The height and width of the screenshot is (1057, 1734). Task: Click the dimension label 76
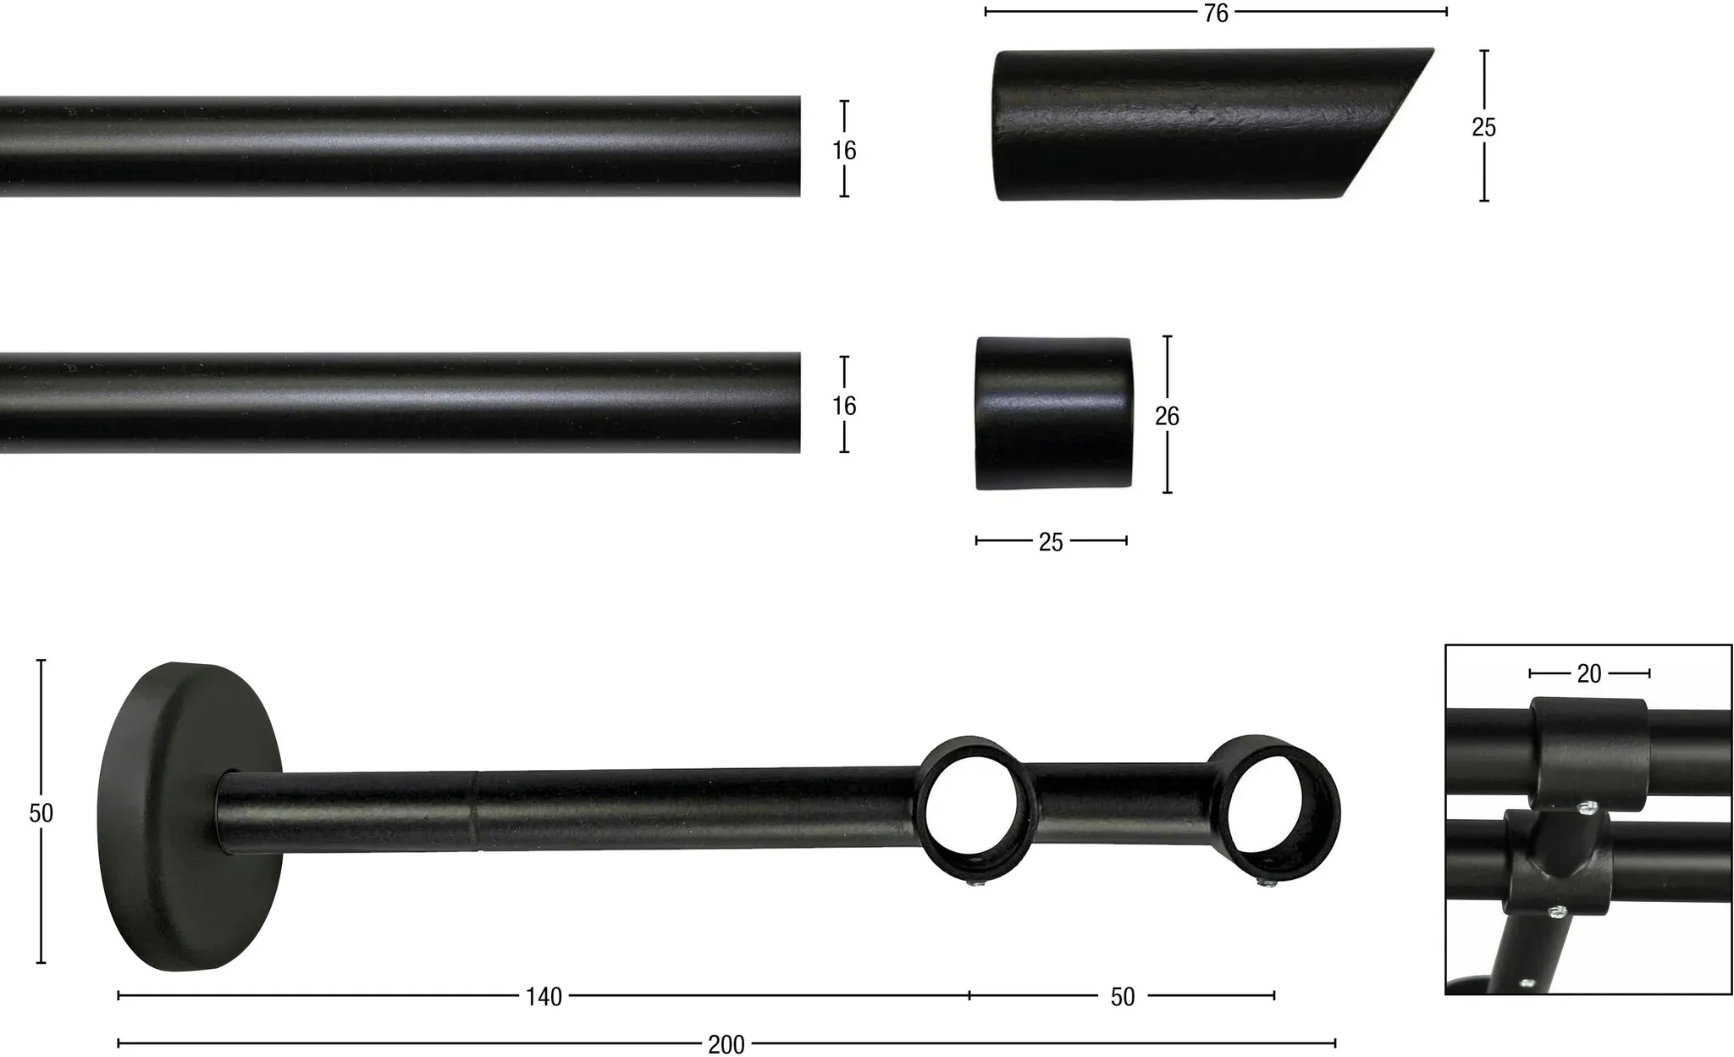click(x=1216, y=13)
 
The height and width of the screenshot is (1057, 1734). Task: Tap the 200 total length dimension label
click(x=726, y=1044)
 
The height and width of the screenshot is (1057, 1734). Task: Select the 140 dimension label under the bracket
click(x=544, y=997)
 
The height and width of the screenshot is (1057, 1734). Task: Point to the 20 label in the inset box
click(x=1589, y=673)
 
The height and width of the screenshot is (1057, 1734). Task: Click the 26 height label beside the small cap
click(x=1167, y=416)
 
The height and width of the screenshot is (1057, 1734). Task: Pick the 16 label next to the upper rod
click(x=844, y=150)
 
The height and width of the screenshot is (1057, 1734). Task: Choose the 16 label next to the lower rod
click(x=844, y=406)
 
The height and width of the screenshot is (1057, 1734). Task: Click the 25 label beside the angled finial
click(x=1483, y=127)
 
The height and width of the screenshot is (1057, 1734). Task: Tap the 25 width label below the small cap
click(x=1051, y=542)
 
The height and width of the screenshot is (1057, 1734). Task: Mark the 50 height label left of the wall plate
click(x=41, y=813)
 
